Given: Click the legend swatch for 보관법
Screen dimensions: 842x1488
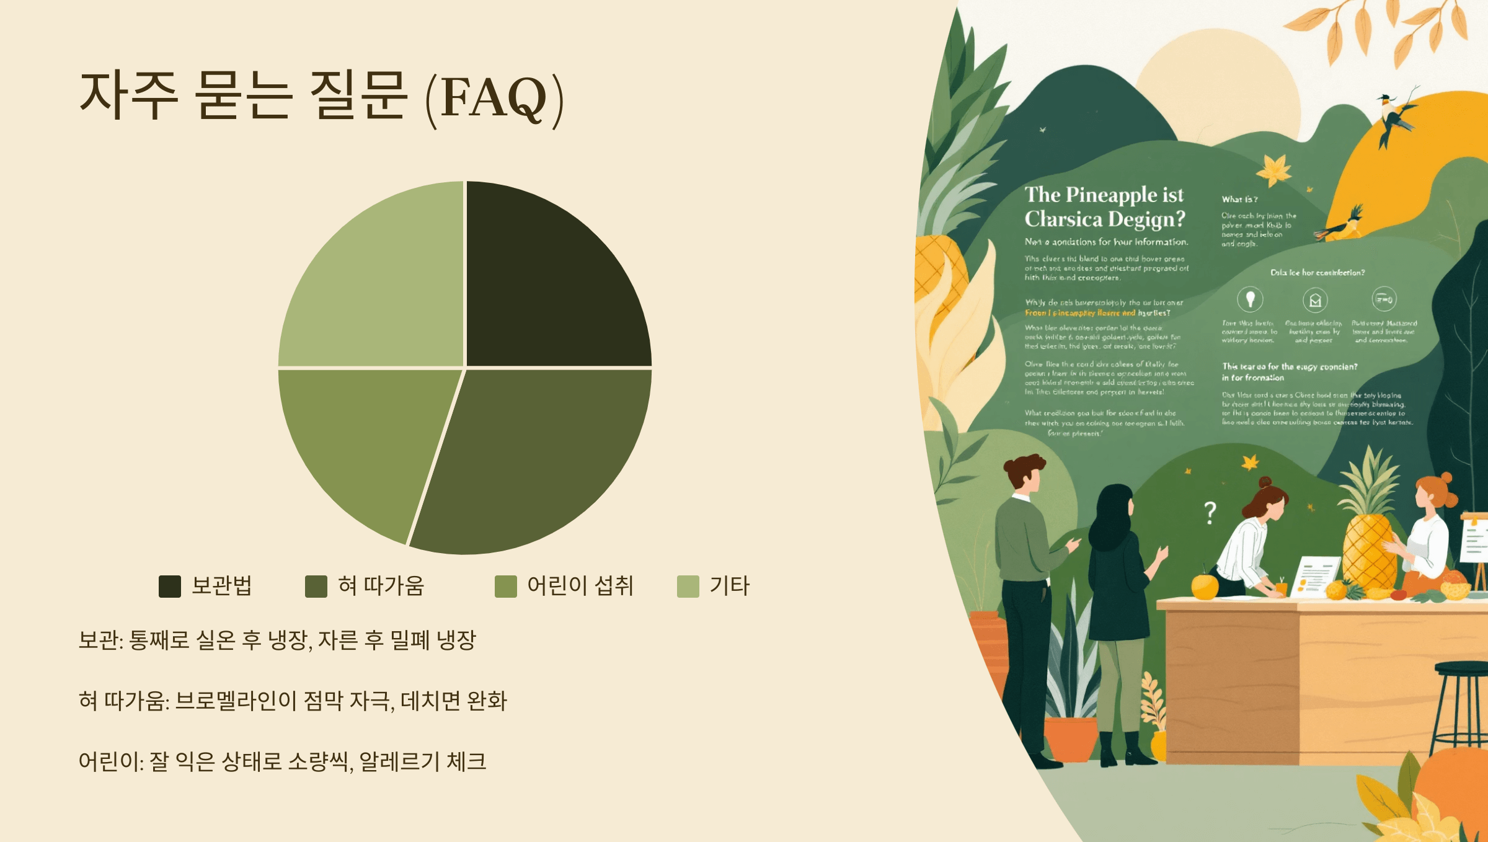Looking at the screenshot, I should pyautogui.click(x=169, y=586).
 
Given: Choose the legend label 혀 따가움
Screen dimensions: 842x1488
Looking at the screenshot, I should pyautogui.click(x=381, y=586).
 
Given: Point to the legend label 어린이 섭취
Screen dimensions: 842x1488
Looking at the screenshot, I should pyautogui.click(x=580, y=586).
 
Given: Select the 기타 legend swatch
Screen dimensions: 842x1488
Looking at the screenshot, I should pyautogui.click(x=688, y=586).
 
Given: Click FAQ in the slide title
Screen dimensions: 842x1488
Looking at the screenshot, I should pyautogui.click(x=494, y=97).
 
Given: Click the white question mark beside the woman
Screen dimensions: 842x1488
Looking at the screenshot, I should pyautogui.click(x=1210, y=512).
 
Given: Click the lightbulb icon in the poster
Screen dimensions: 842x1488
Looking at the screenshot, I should pyautogui.click(x=1250, y=299).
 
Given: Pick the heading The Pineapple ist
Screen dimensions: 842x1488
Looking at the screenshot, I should pyautogui.click(x=1104, y=195).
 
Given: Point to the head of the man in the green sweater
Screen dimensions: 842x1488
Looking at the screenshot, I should pyautogui.click(x=1024, y=472).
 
